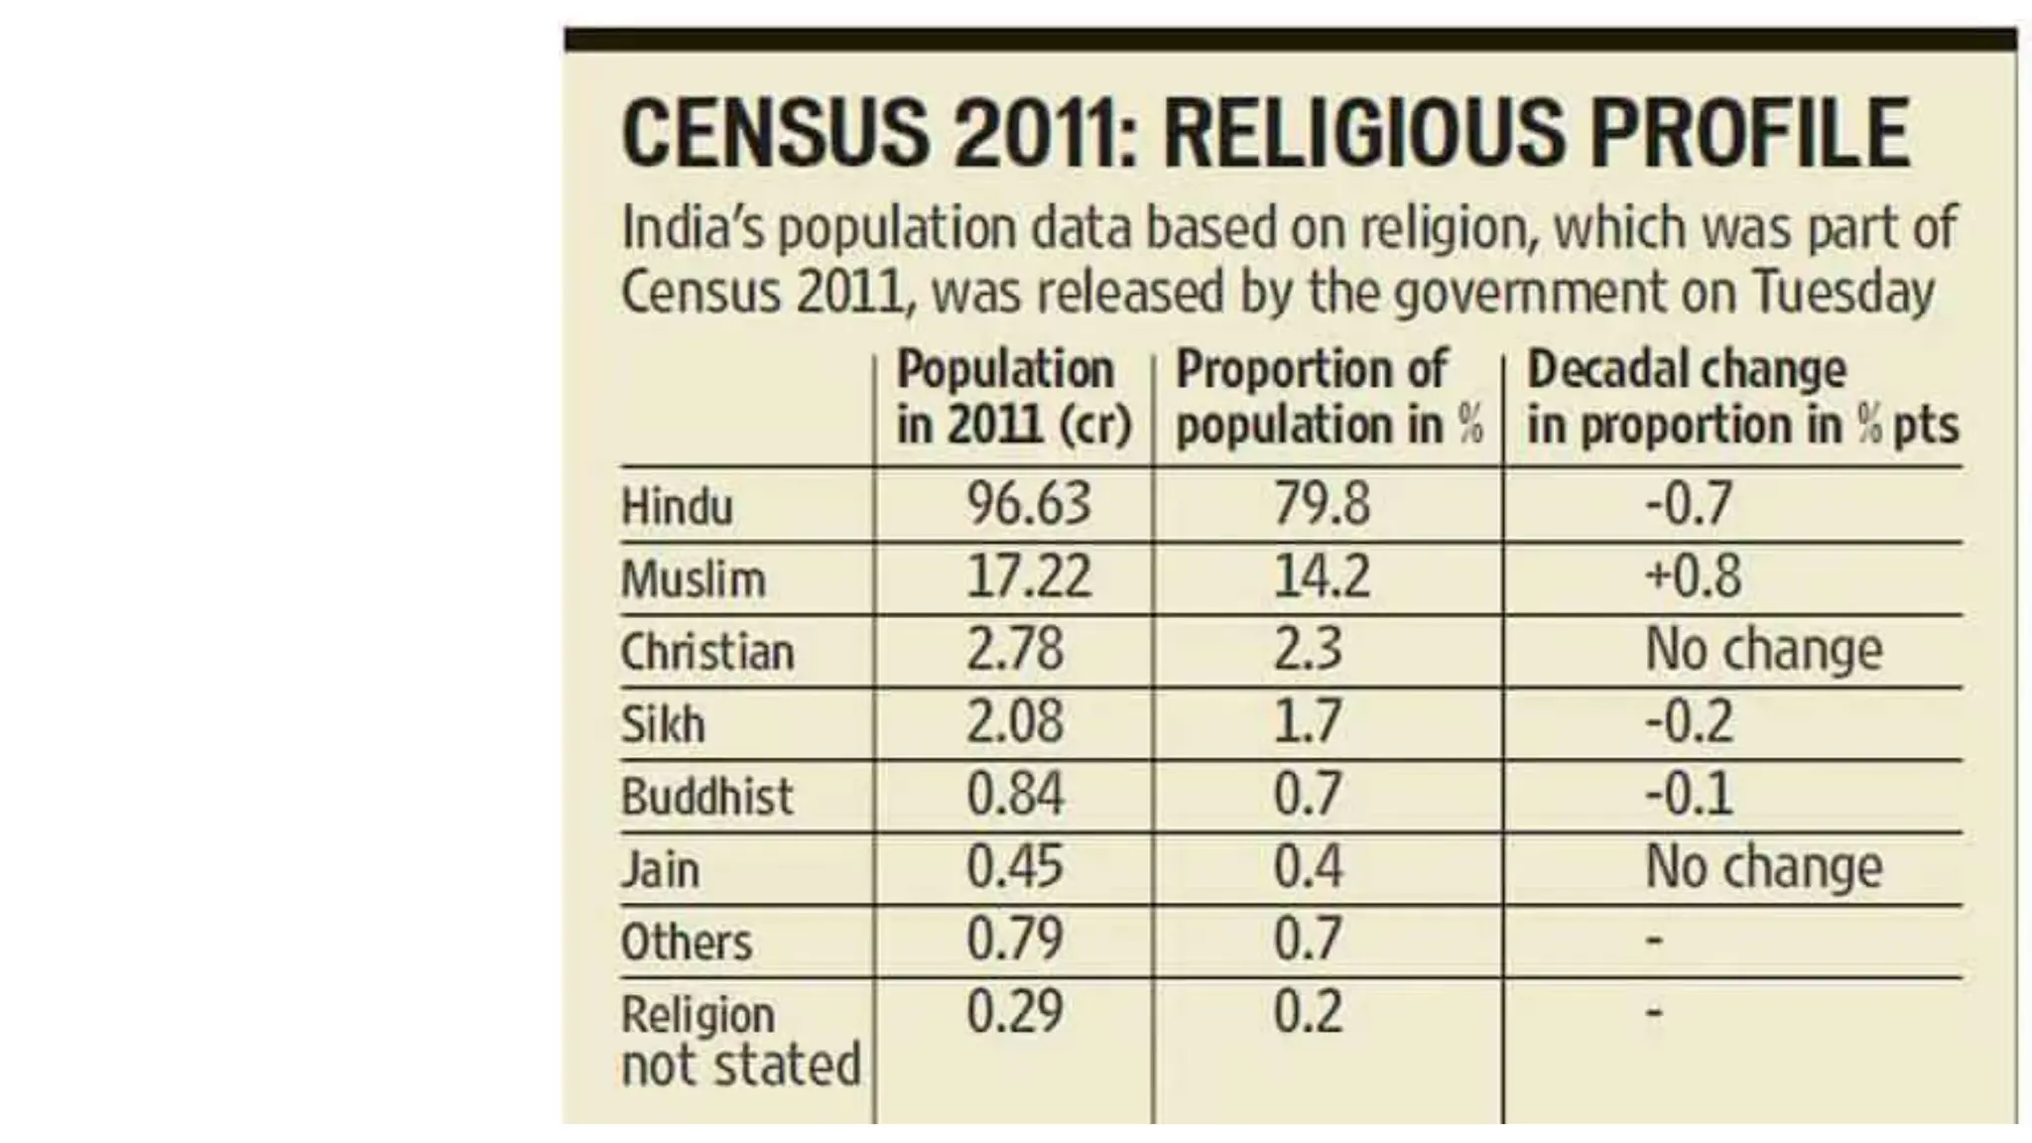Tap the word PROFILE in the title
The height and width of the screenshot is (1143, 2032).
[x=1750, y=134]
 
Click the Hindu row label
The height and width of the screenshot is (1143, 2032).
[x=677, y=507]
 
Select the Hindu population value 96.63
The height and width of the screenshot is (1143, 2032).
[x=1029, y=503]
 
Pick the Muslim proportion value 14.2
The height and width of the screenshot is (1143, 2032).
[x=1322, y=576]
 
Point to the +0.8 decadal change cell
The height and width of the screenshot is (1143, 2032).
[x=1693, y=576]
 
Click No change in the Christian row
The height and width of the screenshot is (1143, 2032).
[x=1763, y=650]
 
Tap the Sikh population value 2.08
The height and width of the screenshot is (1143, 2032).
[x=1015, y=721]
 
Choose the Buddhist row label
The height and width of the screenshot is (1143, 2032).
[x=706, y=797]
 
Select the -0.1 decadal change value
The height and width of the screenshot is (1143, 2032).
[x=1689, y=795]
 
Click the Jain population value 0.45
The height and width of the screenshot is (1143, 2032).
[x=1015, y=867]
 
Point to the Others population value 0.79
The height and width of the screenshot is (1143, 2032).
[x=1015, y=940]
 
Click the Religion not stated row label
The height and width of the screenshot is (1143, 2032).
[x=739, y=1040]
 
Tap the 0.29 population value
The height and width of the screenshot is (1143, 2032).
[x=1015, y=1012]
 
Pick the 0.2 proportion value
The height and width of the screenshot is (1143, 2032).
[x=1308, y=1012]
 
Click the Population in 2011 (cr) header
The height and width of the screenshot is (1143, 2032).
[x=1013, y=398]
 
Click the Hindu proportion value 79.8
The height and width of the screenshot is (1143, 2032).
[x=1322, y=503]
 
